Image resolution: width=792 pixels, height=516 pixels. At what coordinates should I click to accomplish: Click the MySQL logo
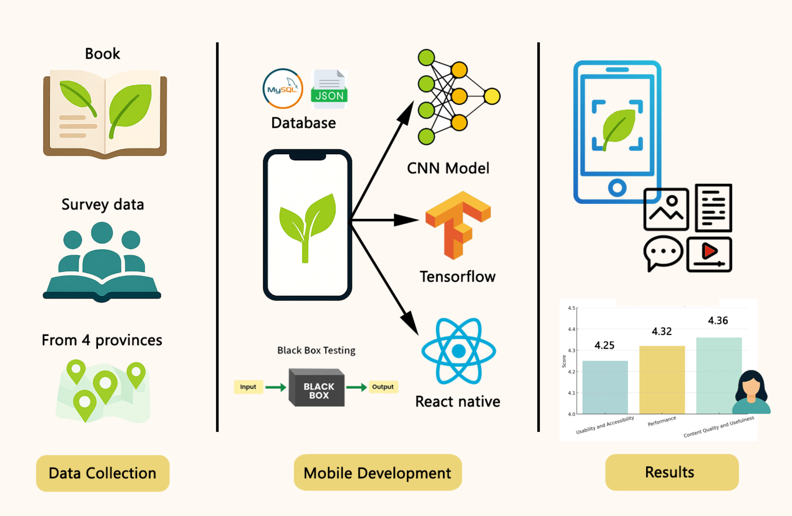[x=283, y=89]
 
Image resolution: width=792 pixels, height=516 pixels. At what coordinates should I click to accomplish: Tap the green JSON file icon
[x=329, y=89]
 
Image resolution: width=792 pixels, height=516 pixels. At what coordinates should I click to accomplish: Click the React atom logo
[x=458, y=351]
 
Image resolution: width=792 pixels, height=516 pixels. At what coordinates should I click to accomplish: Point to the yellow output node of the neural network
[x=492, y=96]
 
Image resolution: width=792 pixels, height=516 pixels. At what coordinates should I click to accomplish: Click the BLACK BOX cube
[x=317, y=388]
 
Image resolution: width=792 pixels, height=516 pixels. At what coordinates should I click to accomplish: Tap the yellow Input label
[x=248, y=387]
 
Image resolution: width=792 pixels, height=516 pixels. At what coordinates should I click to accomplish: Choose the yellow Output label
[x=383, y=387]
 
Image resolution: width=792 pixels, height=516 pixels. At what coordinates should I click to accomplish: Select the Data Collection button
[x=103, y=473]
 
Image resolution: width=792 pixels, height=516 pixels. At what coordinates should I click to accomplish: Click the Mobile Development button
[x=378, y=473]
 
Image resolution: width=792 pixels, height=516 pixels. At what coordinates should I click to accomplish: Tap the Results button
[x=672, y=472]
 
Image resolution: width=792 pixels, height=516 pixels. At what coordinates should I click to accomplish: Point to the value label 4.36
[x=718, y=321]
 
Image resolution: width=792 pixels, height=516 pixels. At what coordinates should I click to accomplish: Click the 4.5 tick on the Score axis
[x=571, y=308]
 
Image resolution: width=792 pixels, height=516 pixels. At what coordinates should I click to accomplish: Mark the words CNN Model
[x=448, y=168]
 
